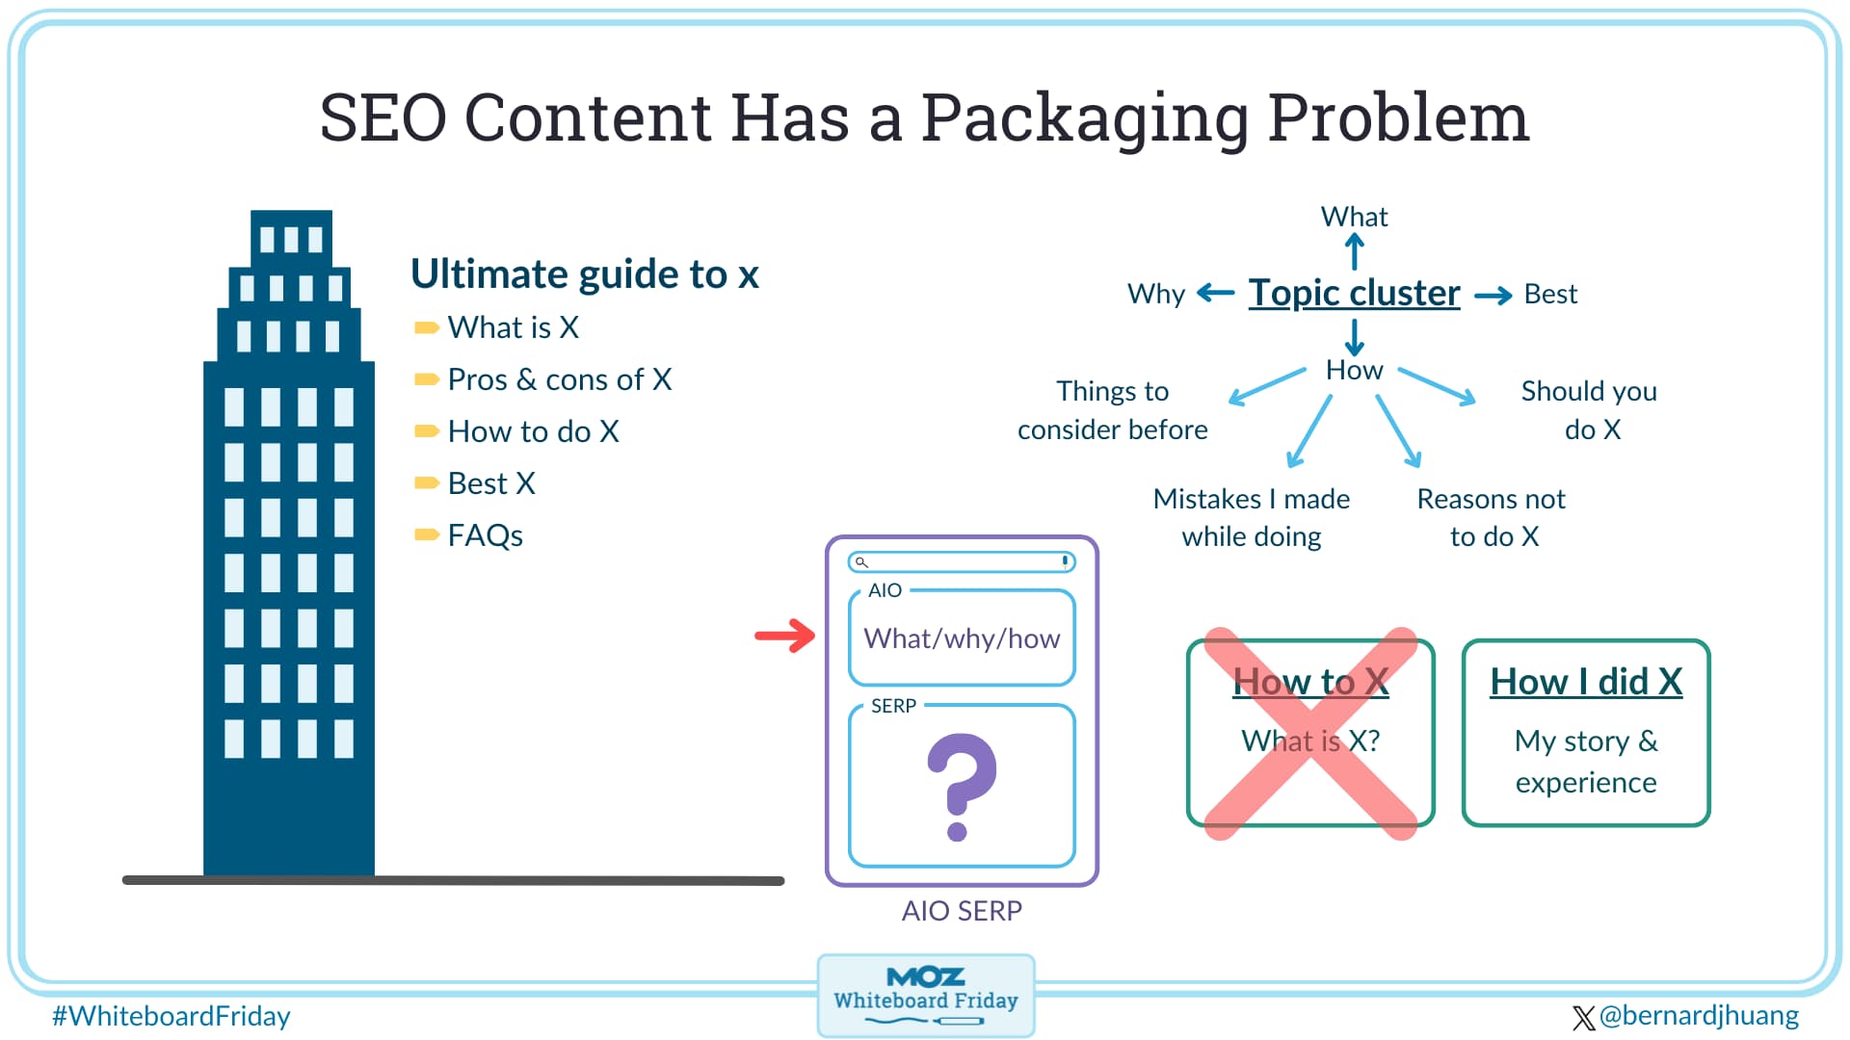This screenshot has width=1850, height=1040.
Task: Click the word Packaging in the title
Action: click(1084, 119)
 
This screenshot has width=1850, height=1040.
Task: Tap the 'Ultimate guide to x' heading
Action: click(584, 274)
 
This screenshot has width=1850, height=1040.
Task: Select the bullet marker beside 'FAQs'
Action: click(426, 534)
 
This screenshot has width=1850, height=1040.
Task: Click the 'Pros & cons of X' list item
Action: click(559, 379)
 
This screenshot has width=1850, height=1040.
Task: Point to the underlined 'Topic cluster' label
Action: click(1354, 293)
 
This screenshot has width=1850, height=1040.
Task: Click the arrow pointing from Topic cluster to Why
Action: click(1215, 293)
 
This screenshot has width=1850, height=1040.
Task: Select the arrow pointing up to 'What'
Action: click(1355, 252)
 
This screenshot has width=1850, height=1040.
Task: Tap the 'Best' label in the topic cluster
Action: click(1550, 294)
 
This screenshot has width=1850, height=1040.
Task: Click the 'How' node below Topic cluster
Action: click(1354, 370)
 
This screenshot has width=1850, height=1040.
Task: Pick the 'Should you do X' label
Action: click(1590, 409)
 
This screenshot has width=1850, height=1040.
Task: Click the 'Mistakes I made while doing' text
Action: click(1252, 517)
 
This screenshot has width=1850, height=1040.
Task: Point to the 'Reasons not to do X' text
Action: click(1492, 517)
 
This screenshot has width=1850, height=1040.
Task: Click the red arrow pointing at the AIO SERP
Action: click(785, 635)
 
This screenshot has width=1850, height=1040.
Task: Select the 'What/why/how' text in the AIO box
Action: click(962, 638)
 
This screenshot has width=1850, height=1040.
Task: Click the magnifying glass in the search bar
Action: click(861, 562)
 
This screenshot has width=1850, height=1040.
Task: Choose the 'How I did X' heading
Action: click(1586, 682)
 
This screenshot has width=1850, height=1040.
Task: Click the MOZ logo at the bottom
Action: click(925, 977)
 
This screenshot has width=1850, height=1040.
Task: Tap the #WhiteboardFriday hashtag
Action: click(172, 1016)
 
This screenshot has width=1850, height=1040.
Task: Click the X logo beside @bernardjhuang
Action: click(1582, 1018)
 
